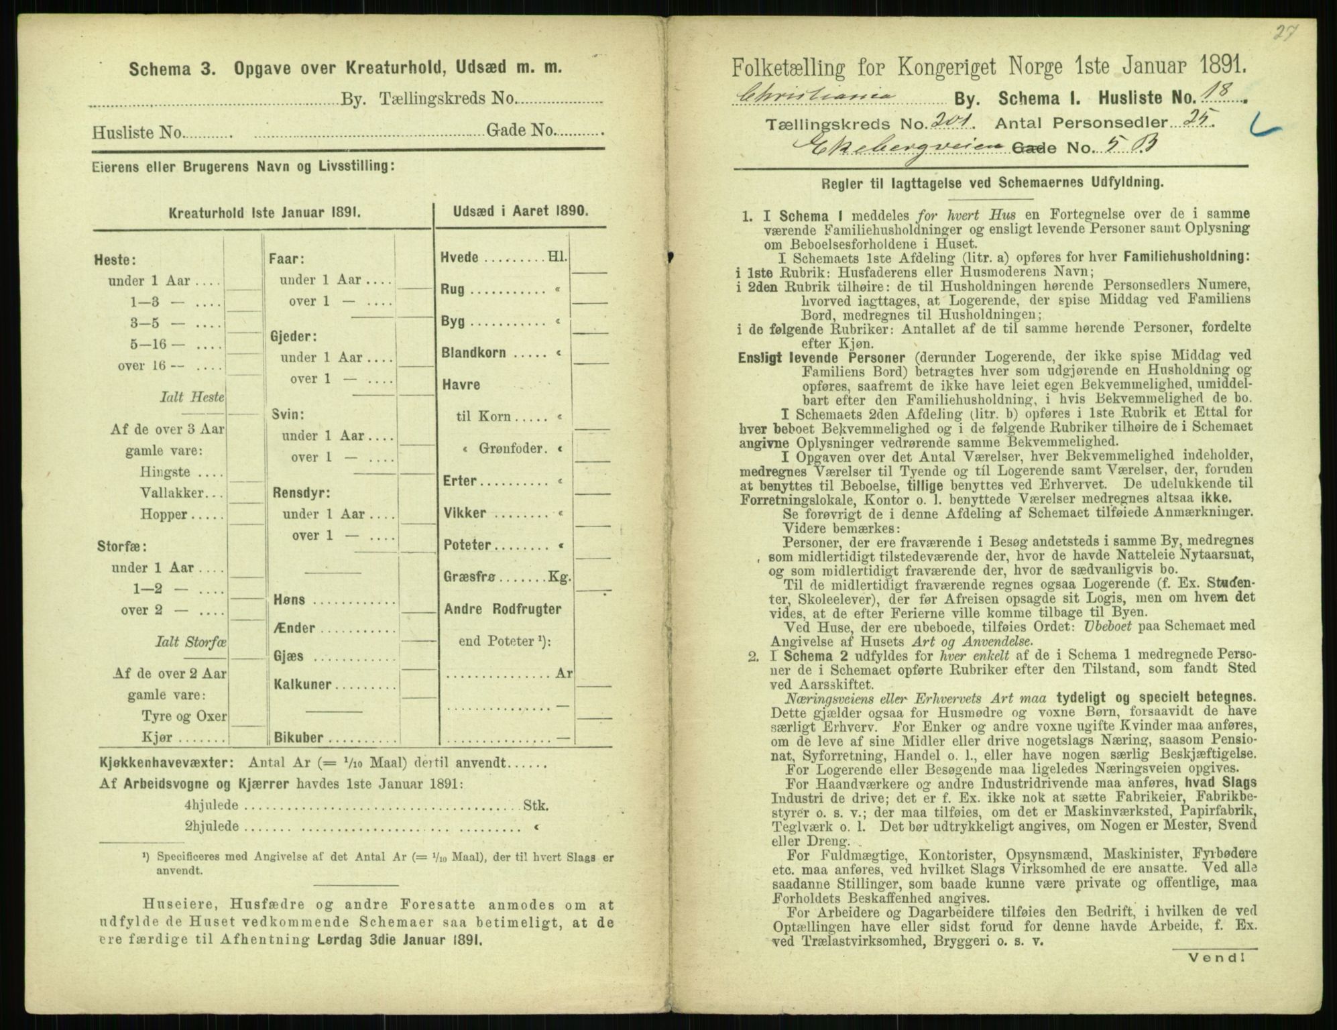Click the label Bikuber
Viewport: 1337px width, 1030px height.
click(x=300, y=738)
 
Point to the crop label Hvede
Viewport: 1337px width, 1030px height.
click(x=460, y=257)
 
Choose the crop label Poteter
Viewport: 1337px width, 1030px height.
click(x=467, y=545)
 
